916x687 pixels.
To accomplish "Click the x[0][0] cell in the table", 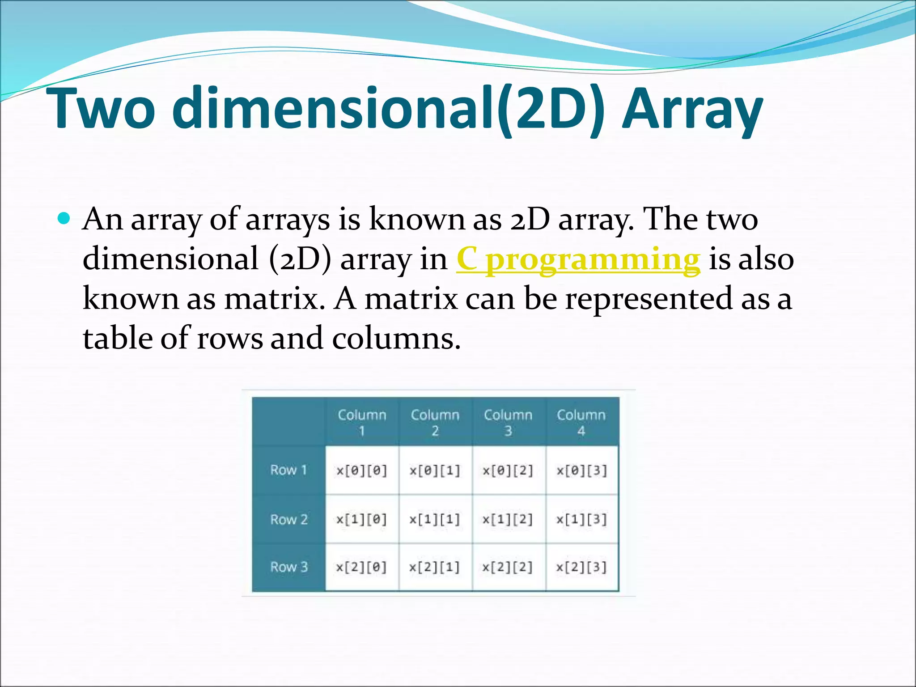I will coord(361,471).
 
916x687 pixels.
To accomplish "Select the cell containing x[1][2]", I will coord(508,519).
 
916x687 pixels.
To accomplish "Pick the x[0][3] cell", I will coord(581,471).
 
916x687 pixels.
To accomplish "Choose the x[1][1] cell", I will coord(435,519).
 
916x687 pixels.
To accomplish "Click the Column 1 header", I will coord(362,422).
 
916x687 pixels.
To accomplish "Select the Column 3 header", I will coord(508,422).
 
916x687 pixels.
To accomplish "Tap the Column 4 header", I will coord(581,422).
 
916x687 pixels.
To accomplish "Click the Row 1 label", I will coord(288,470).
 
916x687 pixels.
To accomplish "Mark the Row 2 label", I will coord(289,519).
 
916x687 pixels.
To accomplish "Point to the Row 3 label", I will coord(289,567).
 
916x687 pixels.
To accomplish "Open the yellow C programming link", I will coord(578,259).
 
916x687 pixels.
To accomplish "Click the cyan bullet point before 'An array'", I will coord(64,219).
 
